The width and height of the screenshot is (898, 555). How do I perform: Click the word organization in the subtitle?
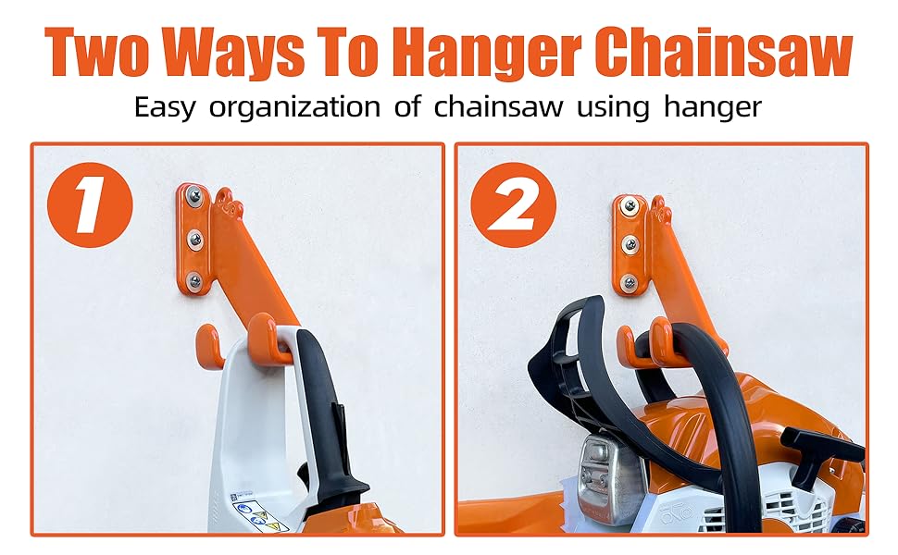tap(296, 107)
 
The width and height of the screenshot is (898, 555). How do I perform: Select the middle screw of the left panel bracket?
tap(195, 240)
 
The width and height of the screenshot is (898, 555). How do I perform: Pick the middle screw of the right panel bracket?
tap(630, 244)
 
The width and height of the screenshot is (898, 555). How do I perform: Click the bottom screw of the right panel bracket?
tap(630, 283)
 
